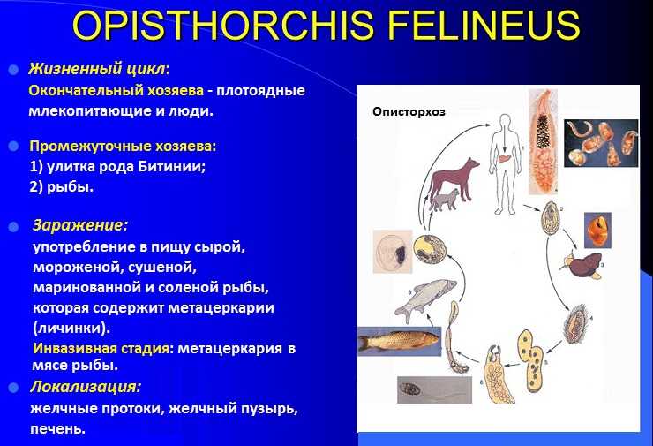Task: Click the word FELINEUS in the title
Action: pos(485,25)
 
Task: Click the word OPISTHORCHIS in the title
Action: pos(222,25)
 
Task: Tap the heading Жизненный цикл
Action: pos(97,69)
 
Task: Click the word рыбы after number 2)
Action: pos(68,187)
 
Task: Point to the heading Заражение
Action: pos(79,225)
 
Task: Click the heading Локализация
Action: pos(85,387)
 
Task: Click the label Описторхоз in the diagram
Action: pos(409,111)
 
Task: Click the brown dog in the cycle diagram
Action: pos(454,178)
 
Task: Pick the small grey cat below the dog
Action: pos(445,200)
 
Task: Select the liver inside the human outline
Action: pos(504,159)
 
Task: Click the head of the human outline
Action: pos(505,121)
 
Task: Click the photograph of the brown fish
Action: pos(399,341)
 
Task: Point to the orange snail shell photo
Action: pos(598,231)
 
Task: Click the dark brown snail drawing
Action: pos(582,265)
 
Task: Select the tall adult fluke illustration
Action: pos(543,142)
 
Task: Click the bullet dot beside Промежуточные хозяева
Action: pos(14,147)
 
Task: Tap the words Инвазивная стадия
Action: pos(101,348)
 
